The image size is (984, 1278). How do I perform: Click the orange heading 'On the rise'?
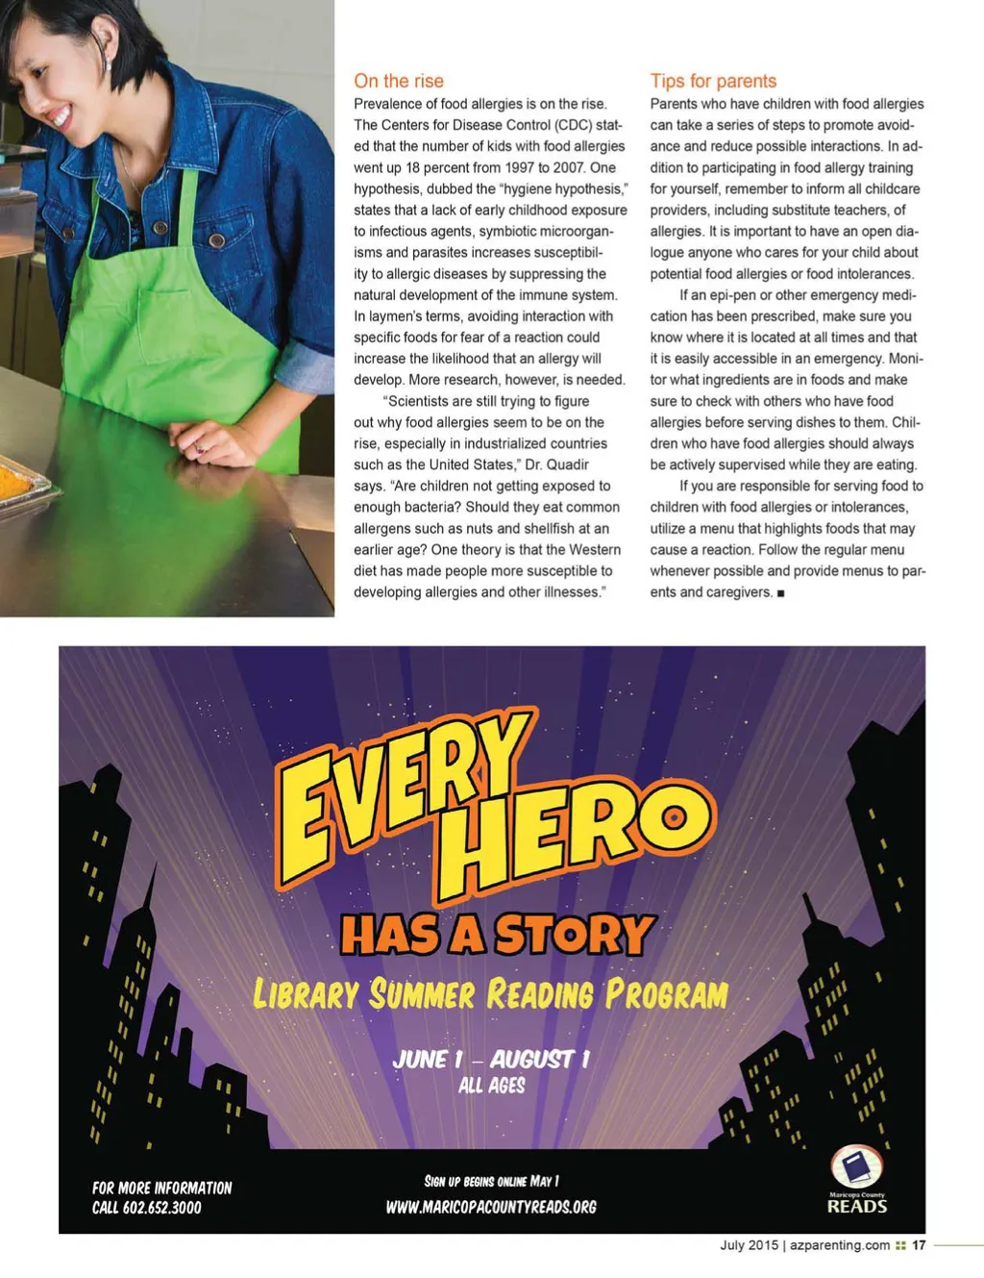pos(399,81)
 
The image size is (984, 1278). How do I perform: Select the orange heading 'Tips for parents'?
pos(713,81)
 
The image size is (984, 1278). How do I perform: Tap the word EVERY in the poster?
pos(404,784)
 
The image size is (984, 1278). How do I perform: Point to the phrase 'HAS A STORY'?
pos(498,935)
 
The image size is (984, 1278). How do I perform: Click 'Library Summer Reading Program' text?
pos(490,994)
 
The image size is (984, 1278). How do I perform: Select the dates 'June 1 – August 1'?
pos(491,1059)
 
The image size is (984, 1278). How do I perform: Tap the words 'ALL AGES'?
pos(492,1086)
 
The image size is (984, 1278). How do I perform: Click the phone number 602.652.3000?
pos(161,1208)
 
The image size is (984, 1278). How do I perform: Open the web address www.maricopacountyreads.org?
pos(491,1206)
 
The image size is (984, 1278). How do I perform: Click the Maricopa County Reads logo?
pos(856,1180)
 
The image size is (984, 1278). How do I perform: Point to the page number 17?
pos(919,1244)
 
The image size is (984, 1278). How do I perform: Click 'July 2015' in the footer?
pos(749,1244)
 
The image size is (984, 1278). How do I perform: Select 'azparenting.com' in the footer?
pos(840,1244)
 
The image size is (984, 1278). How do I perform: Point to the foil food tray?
pos(19,481)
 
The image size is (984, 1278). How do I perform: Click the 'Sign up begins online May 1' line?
pos(491,1181)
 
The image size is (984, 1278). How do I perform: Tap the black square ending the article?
pos(780,593)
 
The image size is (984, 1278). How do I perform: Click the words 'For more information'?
pos(161,1188)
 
